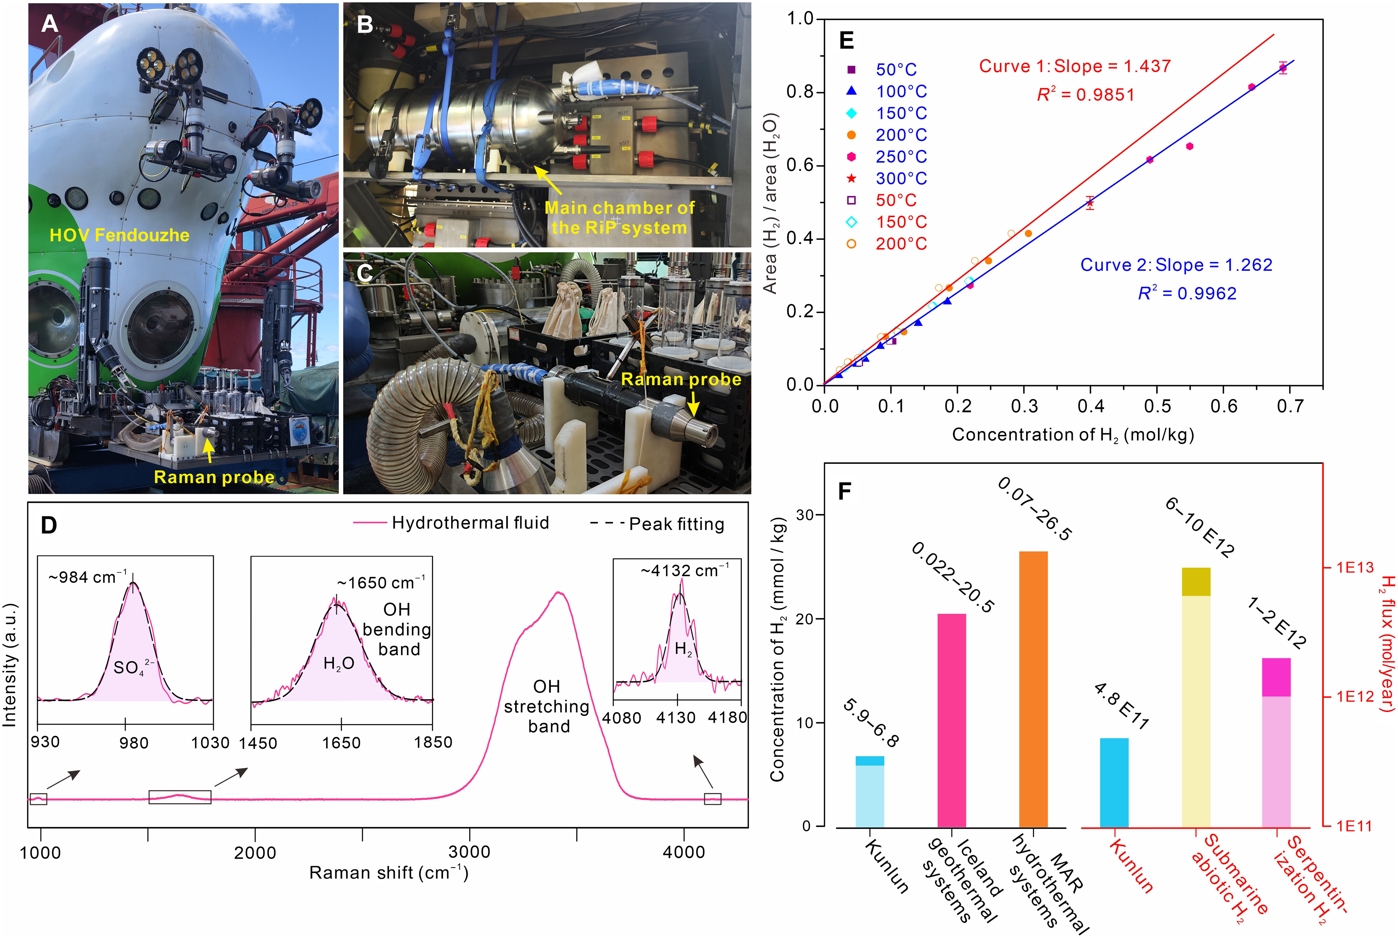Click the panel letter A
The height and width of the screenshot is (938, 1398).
click(50, 24)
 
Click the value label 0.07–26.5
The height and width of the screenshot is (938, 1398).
click(1035, 508)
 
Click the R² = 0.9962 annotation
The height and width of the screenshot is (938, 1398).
click(1187, 293)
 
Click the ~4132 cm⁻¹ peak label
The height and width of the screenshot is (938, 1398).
click(685, 571)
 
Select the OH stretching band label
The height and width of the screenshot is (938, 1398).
click(547, 706)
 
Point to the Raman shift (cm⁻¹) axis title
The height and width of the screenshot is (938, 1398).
click(389, 873)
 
